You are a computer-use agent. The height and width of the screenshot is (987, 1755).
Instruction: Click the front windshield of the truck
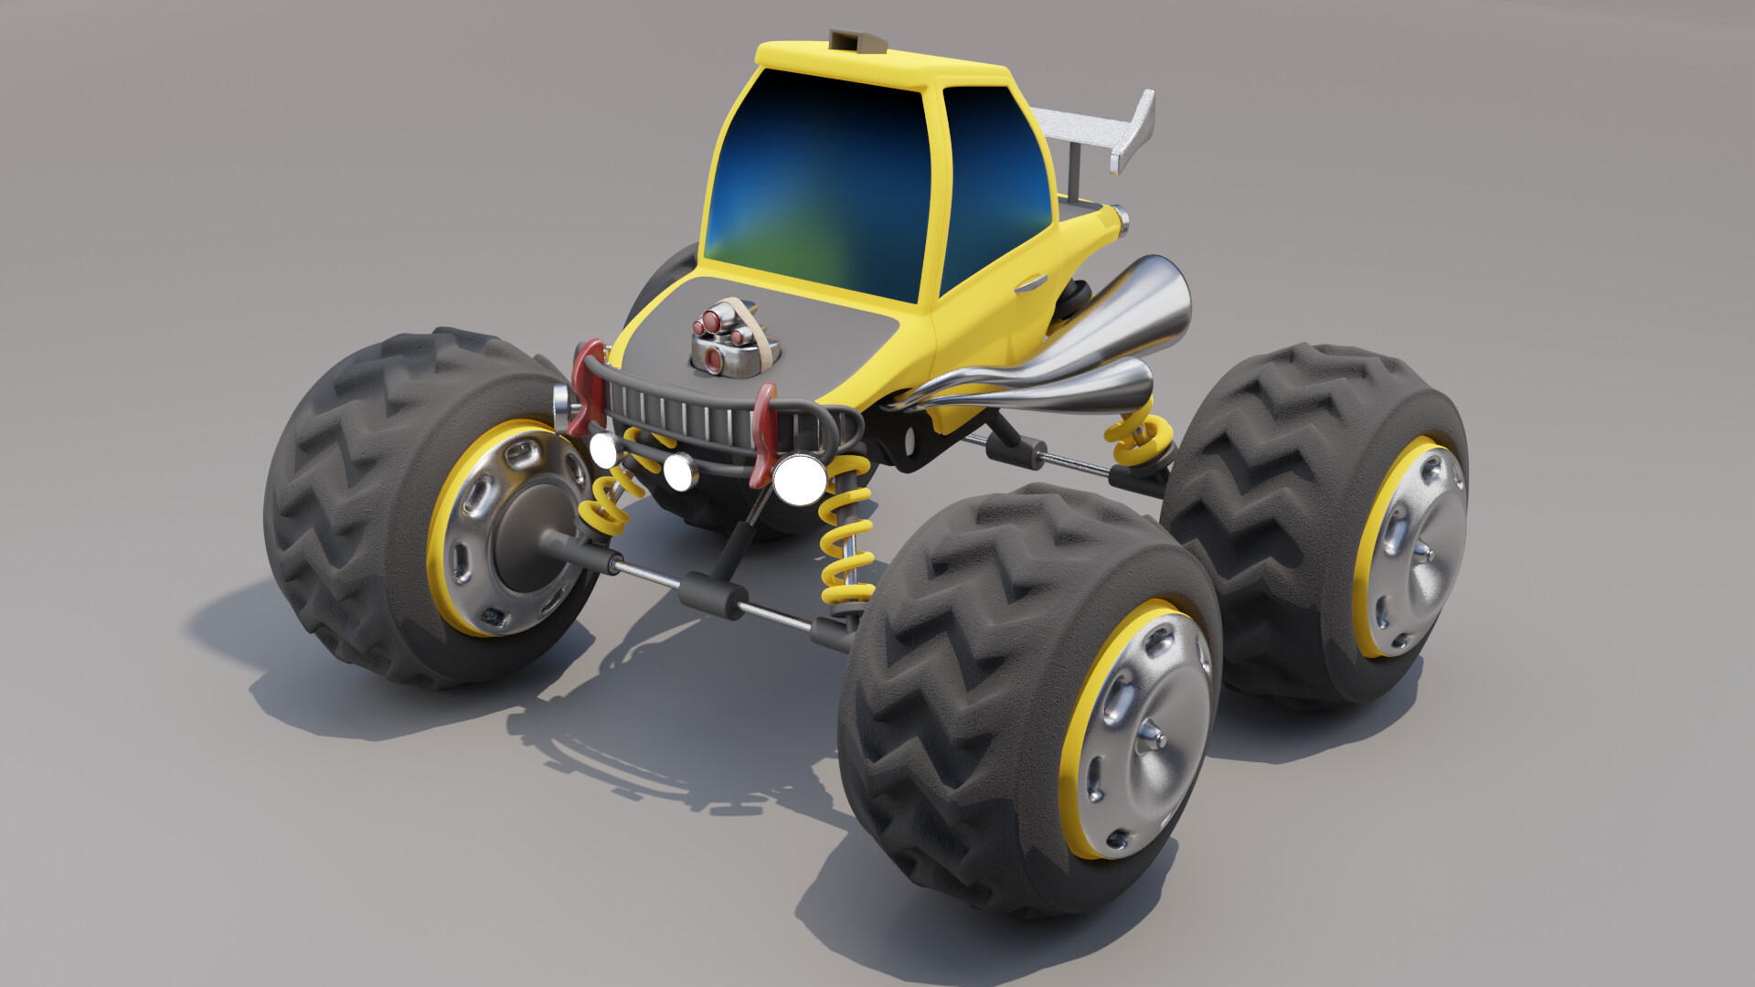814,183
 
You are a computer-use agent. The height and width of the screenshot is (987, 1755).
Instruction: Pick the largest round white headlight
798,478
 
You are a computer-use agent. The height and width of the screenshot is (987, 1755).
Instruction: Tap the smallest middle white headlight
679,471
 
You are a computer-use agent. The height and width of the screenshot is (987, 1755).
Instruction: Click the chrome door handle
1030,283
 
